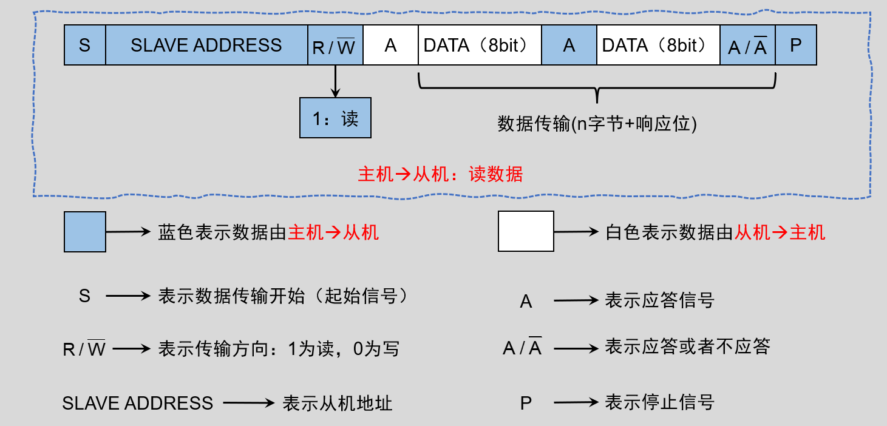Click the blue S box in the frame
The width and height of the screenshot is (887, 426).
(x=85, y=46)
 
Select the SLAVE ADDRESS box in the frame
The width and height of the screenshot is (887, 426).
(x=206, y=46)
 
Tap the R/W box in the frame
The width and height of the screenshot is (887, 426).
(x=335, y=46)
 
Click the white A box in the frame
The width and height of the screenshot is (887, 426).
(x=390, y=46)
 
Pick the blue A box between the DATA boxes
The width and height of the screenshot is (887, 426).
(x=569, y=46)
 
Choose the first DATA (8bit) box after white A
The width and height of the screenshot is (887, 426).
(x=479, y=46)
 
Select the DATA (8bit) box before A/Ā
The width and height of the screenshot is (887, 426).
(x=658, y=46)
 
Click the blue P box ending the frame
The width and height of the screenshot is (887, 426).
(x=796, y=46)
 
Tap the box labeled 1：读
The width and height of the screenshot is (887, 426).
(x=335, y=118)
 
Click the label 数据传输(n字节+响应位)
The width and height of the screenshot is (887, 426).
(x=597, y=124)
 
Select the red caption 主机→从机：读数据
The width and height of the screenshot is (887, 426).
(x=440, y=174)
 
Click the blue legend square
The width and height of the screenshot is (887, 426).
(x=85, y=231)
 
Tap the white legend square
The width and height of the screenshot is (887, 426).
(x=526, y=231)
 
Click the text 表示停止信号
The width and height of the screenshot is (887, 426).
(x=659, y=402)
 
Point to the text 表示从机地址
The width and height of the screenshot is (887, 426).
(x=337, y=404)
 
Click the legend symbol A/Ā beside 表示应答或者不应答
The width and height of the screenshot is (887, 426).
(x=522, y=348)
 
